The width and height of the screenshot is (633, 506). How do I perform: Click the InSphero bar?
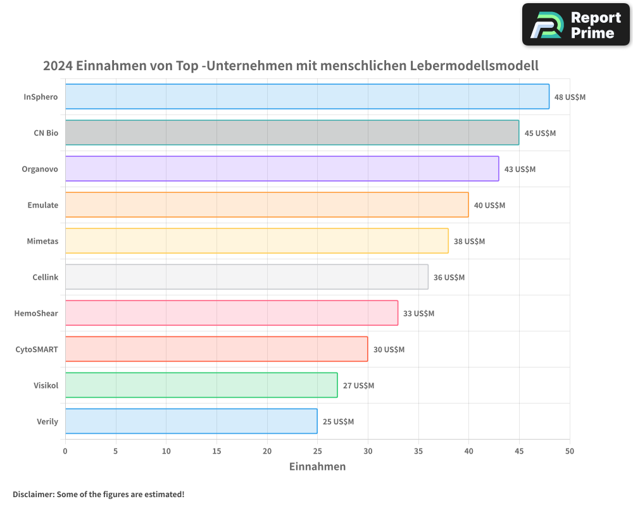(307, 97)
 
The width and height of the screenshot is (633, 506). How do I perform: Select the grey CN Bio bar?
(292, 133)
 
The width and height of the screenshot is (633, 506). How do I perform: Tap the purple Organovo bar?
(282, 169)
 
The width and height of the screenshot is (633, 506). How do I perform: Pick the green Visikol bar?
(201, 385)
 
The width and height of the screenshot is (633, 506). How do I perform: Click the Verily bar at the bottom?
(191, 421)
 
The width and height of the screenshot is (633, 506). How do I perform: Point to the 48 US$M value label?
(570, 97)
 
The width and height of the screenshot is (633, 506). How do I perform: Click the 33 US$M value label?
(418, 314)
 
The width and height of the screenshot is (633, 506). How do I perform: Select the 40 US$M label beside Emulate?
(489, 206)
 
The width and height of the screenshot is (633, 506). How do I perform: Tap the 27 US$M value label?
(358, 386)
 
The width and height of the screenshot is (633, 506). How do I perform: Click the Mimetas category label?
(42, 241)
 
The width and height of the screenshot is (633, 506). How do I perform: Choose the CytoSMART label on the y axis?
(37, 349)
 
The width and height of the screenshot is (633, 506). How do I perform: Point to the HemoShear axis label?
(36, 313)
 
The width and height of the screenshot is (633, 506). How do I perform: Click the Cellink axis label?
(45, 277)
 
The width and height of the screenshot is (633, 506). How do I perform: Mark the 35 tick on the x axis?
(418, 451)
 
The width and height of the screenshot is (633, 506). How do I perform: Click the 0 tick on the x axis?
(65, 451)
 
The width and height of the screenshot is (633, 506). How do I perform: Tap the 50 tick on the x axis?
(570, 451)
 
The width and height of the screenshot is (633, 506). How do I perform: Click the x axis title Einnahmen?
(317, 467)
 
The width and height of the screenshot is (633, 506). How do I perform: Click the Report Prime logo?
(576, 25)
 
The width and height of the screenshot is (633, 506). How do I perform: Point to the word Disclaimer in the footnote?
(32, 494)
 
